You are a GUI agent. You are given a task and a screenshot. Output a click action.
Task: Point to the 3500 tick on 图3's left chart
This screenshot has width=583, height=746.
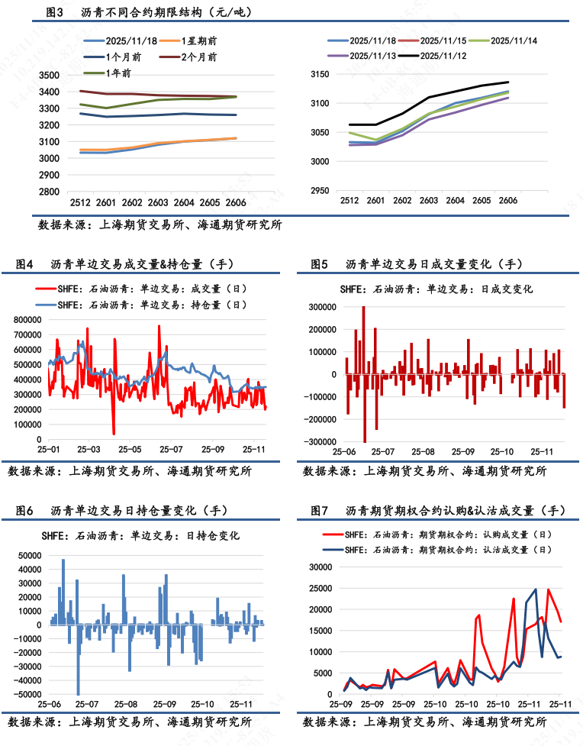coord(49,75)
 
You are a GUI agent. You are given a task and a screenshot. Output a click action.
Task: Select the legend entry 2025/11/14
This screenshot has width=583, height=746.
coord(512,40)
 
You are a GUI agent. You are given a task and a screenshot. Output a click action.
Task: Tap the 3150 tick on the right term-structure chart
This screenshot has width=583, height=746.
coord(320,75)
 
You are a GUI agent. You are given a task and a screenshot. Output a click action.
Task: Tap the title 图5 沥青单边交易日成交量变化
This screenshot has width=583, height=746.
coord(416,264)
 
